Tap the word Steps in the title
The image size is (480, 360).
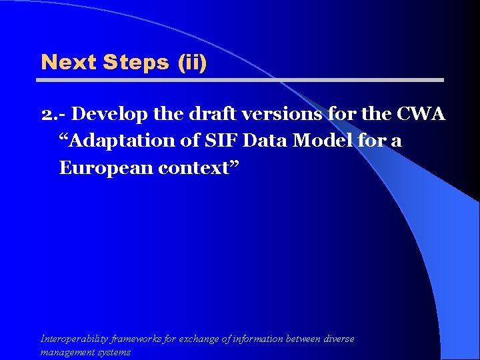137,63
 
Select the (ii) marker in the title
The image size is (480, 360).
192,63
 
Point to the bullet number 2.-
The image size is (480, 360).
54,115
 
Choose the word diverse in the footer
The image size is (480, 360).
339,339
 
